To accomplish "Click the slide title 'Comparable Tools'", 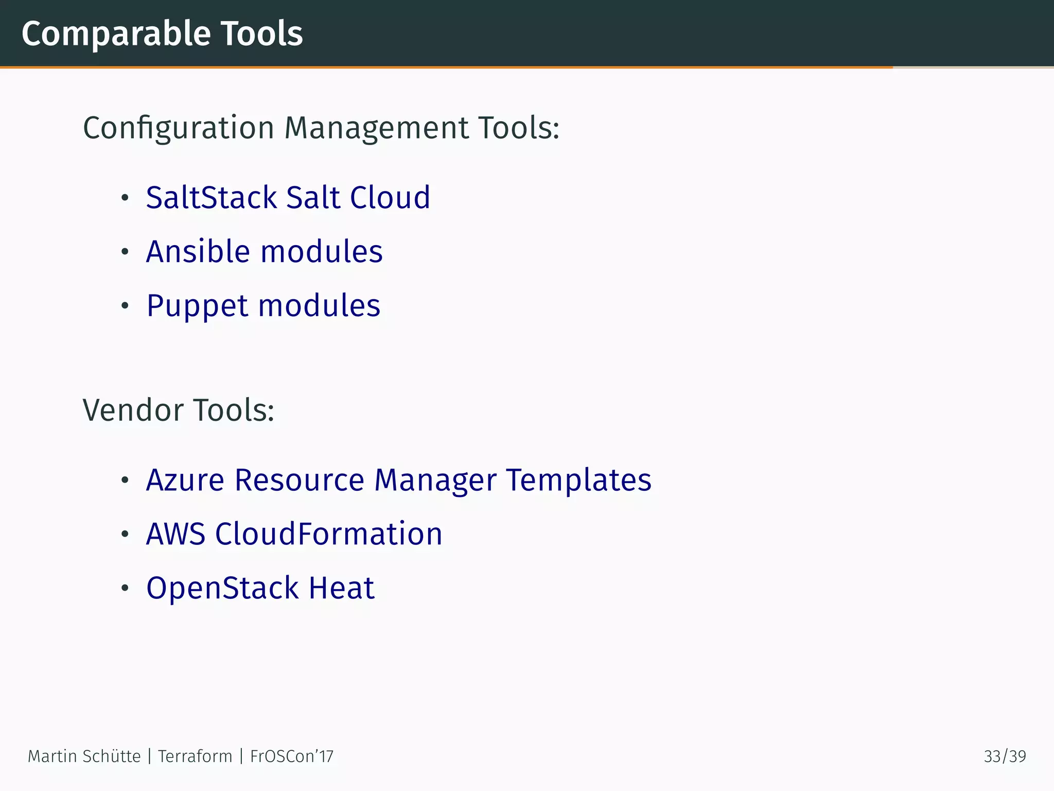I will tap(162, 34).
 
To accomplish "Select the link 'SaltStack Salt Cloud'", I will tap(288, 197).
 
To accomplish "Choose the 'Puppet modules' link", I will tap(263, 305).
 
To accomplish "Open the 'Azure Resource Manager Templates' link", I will tap(398, 480).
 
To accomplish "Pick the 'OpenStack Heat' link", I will tap(260, 588).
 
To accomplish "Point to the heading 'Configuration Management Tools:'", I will tap(321, 128).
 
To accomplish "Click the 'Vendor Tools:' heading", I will tap(178, 410).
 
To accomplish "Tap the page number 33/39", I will tap(1005, 756).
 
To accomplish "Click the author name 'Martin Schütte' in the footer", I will tap(84, 756).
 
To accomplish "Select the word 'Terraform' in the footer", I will tap(195, 756).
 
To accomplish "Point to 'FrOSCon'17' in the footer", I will tap(292, 756).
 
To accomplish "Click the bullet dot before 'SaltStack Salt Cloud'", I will tap(125, 198).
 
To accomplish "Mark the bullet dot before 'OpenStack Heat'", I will tap(125, 588).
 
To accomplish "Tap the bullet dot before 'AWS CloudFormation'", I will tap(125, 534).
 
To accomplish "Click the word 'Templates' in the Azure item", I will tap(578, 480).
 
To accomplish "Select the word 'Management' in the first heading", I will tap(376, 128).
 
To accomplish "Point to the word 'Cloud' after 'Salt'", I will tap(390, 197).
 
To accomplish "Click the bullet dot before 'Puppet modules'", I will tap(125, 306).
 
